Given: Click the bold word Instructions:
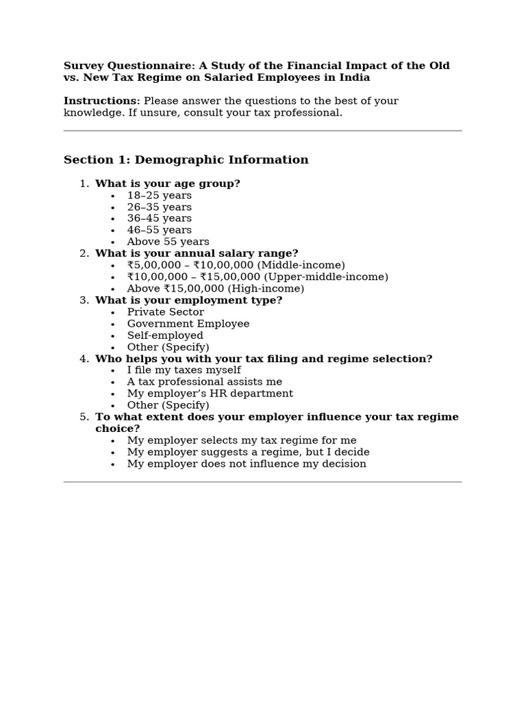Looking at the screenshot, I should tap(101, 101).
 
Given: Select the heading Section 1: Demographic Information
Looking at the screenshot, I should tap(186, 160).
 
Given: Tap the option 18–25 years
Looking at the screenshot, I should tap(159, 196).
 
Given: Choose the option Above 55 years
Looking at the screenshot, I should tap(168, 242).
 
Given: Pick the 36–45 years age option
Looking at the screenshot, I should tap(159, 219).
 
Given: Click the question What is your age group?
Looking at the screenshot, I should tap(167, 184).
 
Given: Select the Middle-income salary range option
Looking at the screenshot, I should tap(236, 266).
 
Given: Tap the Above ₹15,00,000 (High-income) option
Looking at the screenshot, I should tap(215, 289).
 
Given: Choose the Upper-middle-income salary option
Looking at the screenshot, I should tap(257, 277).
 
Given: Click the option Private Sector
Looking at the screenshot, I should tap(165, 312).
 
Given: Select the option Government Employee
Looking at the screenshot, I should tap(188, 324).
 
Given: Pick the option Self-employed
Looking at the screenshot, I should tap(165, 335).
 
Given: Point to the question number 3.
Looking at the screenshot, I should tap(84, 301).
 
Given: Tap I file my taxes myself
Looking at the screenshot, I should tap(184, 370).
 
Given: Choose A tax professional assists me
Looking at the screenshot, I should tap(204, 382).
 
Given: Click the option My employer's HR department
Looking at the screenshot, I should tap(210, 394).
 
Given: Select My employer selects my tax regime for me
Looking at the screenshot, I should tap(241, 441).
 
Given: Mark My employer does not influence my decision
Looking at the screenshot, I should tap(247, 464).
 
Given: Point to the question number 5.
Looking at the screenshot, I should tap(84, 417).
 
